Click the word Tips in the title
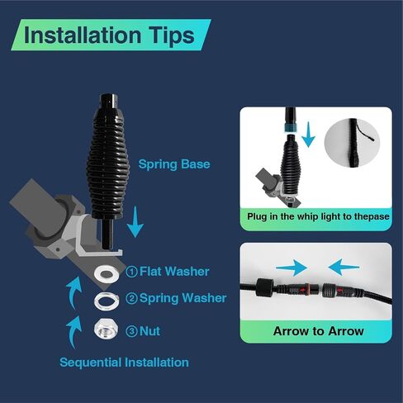pos(172,36)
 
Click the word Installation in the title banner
pos(83,35)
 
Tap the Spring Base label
pos(174,164)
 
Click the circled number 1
pos(131,272)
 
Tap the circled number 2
pos(131,298)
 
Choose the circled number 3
pos(131,331)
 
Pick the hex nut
pos(106,328)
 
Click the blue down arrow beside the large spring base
pos(135,222)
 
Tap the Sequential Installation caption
pos(124,363)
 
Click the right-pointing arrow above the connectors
pos(292,268)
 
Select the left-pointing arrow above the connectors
pos(344,267)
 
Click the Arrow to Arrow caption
pos(319,331)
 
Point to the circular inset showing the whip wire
pos(352,143)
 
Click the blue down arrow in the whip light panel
pos(308,135)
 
